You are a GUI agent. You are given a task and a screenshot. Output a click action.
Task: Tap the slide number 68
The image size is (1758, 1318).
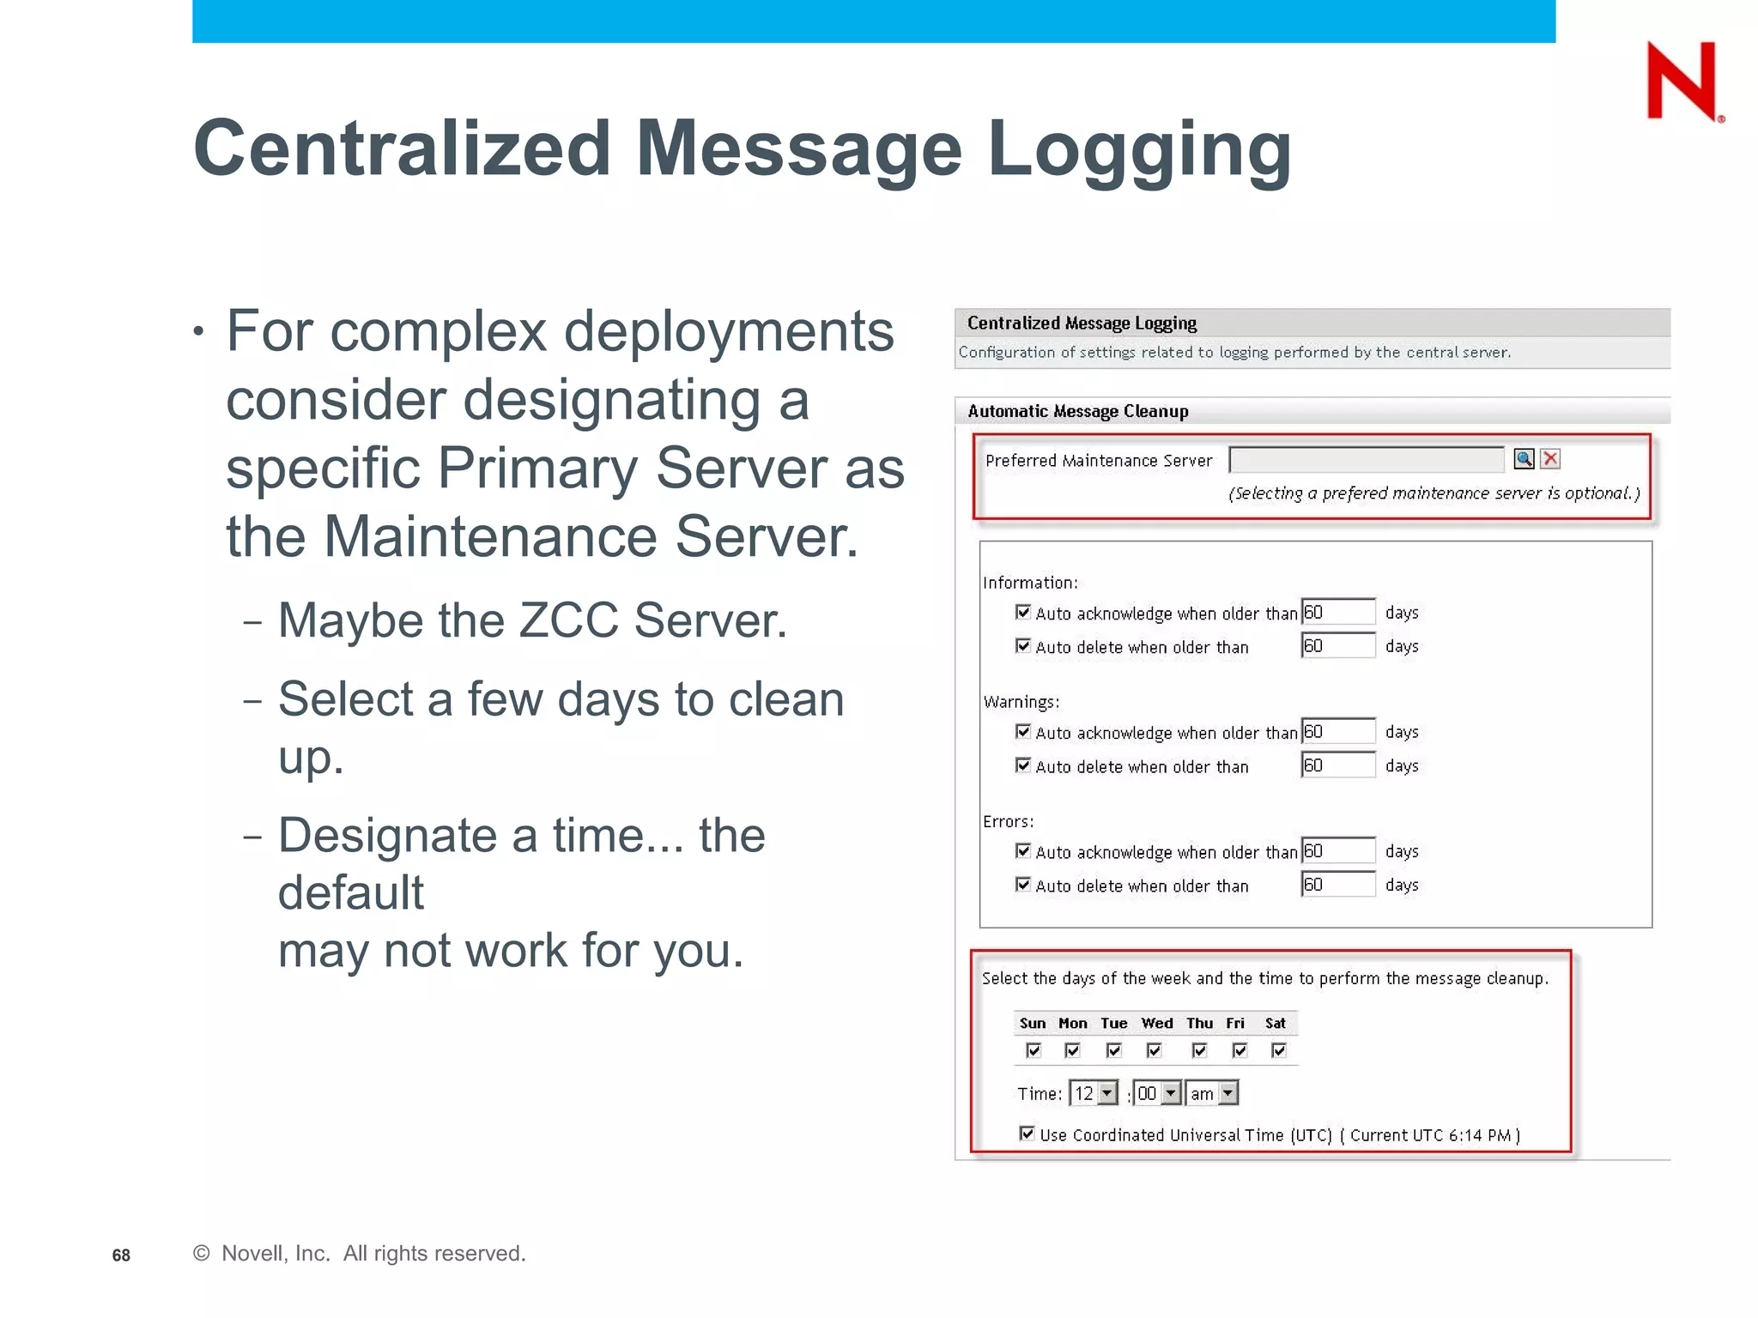pyautogui.click(x=121, y=1255)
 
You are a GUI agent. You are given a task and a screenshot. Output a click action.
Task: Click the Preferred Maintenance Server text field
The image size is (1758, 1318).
pyautogui.click(x=1367, y=460)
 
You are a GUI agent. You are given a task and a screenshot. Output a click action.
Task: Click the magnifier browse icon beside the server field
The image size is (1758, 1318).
pyautogui.click(x=1524, y=459)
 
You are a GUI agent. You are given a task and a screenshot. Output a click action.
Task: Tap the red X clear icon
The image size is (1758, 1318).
pyautogui.click(x=1550, y=459)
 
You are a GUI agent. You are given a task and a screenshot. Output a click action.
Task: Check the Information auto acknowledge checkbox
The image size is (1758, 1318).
pyautogui.click(x=1023, y=612)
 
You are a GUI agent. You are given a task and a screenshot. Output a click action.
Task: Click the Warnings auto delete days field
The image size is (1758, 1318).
pyautogui.click(x=1338, y=765)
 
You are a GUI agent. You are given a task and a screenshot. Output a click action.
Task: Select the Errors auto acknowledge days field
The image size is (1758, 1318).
pyautogui.click(x=1338, y=850)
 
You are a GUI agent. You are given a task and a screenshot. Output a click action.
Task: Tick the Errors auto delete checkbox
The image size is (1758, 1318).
pyautogui.click(x=1023, y=884)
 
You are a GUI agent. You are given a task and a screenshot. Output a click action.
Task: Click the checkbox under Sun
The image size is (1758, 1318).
pyautogui.click(x=1034, y=1050)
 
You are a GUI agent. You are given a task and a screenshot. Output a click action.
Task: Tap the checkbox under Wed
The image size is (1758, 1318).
pyautogui.click(x=1155, y=1050)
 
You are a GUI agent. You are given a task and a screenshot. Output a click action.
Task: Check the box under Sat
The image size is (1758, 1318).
pyautogui.click(x=1279, y=1050)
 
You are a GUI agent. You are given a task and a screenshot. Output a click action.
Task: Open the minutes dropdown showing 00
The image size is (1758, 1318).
pyautogui.click(x=1157, y=1093)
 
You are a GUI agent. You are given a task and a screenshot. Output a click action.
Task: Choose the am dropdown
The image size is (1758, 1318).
pyautogui.click(x=1212, y=1093)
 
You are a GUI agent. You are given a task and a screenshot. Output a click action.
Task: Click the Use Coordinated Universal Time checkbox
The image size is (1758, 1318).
pyautogui.click(x=1027, y=1134)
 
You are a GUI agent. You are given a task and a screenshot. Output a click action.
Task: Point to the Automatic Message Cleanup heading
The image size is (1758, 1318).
pyautogui.click(x=1078, y=411)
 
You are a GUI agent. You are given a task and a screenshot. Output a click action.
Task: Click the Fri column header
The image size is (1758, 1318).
pyautogui.click(x=1235, y=1023)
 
